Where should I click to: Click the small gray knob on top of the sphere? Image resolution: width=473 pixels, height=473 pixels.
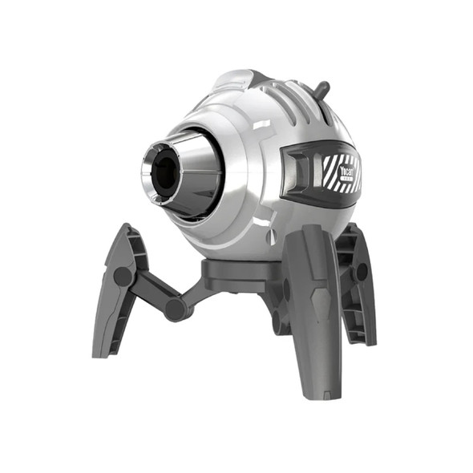[322, 89]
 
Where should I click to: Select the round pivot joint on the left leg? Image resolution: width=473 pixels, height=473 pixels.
[123, 277]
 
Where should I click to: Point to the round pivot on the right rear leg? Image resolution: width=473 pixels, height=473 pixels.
[360, 272]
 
